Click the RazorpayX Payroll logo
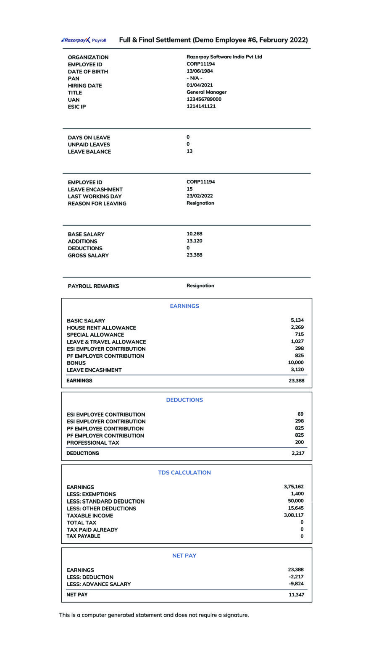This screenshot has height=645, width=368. [84, 40]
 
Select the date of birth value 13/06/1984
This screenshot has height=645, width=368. [200, 71]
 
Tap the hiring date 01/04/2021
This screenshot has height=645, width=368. [200, 85]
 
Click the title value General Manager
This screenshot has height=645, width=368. [206, 92]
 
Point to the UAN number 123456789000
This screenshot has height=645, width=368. [204, 99]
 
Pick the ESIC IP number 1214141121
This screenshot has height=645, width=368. [201, 106]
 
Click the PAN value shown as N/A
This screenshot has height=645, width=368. [195, 78]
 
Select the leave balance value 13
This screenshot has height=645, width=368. [189, 151]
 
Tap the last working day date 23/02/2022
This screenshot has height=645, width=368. [200, 196]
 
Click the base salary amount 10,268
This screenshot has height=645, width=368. [194, 234]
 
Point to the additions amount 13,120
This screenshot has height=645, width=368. [194, 241]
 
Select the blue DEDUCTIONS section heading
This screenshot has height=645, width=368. [184, 400]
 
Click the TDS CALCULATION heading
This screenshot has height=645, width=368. [184, 472]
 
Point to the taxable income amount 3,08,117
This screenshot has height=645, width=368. [294, 515]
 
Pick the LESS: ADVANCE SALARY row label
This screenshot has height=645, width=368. [99, 584]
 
